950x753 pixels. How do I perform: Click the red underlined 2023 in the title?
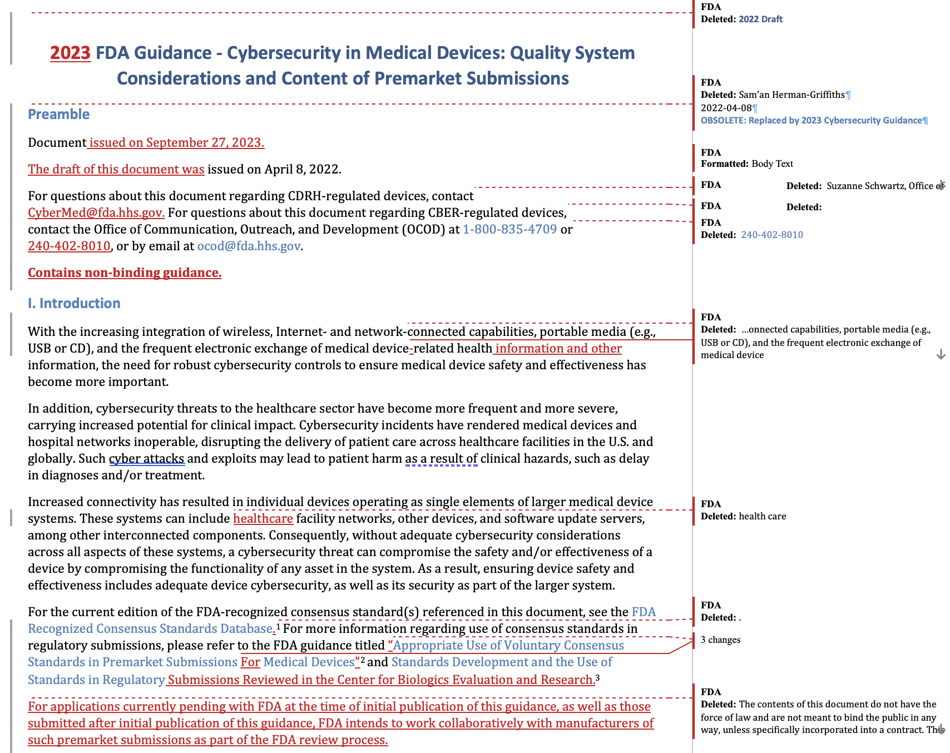pos(70,53)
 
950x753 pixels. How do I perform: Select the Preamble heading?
pos(58,114)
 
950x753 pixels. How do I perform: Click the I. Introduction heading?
pos(74,303)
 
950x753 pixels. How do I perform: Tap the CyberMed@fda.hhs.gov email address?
pos(96,212)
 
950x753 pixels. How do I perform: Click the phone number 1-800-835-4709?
pos(509,229)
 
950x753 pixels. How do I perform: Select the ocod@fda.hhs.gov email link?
pos(249,246)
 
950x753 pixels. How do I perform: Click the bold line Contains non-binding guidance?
pos(125,273)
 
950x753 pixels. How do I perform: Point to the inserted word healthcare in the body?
pos(263,518)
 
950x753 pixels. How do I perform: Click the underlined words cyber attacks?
pos(146,458)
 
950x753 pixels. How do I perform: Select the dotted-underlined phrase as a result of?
pos(441,458)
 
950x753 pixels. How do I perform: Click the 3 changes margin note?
pos(720,640)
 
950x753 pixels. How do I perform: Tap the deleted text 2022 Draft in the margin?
pos(760,19)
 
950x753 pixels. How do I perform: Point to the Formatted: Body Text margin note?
pos(747,164)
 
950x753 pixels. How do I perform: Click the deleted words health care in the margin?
pos(762,516)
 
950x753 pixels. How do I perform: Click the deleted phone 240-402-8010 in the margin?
pos(772,235)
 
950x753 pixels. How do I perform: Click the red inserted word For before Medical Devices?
pos(250,662)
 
